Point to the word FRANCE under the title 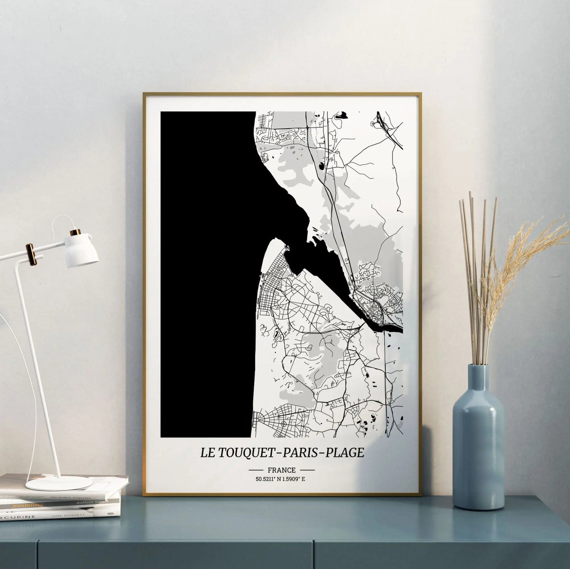pyautogui.click(x=281, y=470)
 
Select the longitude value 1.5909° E pyautogui.click(x=296, y=479)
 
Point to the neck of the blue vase pyautogui.click(x=478, y=376)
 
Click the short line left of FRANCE pyautogui.click(x=256, y=470)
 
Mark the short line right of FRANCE pyautogui.click(x=307, y=470)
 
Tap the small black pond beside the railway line pyautogui.click(x=322, y=166)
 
